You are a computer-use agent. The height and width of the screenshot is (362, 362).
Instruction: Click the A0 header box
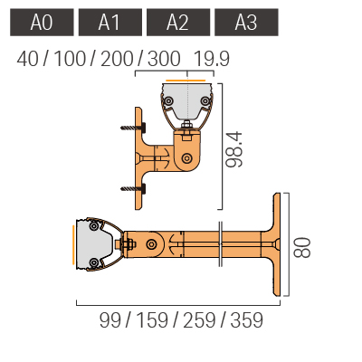tap(42, 23)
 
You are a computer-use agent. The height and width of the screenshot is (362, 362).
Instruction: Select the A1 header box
tap(110, 23)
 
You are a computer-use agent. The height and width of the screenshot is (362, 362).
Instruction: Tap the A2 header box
tap(178, 23)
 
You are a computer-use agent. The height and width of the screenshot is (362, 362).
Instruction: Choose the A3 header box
tap(246, 23)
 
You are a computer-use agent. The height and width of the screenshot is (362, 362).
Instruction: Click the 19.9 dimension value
tap(212, 59)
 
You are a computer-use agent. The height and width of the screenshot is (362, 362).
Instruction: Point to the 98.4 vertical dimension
tap(234, 149)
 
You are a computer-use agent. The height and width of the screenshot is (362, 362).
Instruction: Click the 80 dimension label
tap(302, 248)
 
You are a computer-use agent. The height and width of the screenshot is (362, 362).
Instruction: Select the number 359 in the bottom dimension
tap(247, 320)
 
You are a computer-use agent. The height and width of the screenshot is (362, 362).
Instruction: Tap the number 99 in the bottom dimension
tap(110, 320)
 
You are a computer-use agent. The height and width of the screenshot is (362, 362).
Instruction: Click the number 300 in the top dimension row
tap(164, 59)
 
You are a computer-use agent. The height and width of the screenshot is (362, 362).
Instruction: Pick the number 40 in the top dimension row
tap(28, 59)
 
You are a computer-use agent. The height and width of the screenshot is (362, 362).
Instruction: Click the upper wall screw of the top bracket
tap(133, 128)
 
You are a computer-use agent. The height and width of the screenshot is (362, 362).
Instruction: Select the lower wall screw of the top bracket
tap(133, 189)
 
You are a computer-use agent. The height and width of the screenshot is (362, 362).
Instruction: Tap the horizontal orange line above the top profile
tap(186, 81)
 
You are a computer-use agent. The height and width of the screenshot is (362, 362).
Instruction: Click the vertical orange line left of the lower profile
tap(73, 245)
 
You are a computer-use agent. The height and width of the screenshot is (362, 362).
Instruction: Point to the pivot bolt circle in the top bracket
tap(187, 158)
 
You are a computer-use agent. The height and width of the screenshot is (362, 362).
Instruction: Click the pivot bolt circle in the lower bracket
tap(151, 243)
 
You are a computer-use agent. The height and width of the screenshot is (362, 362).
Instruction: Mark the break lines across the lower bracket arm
tap(221, 244)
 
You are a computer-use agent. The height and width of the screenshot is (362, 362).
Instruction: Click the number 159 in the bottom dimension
tap(152, 320)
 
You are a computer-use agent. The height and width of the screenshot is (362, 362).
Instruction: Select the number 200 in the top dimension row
tap(117, 59)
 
